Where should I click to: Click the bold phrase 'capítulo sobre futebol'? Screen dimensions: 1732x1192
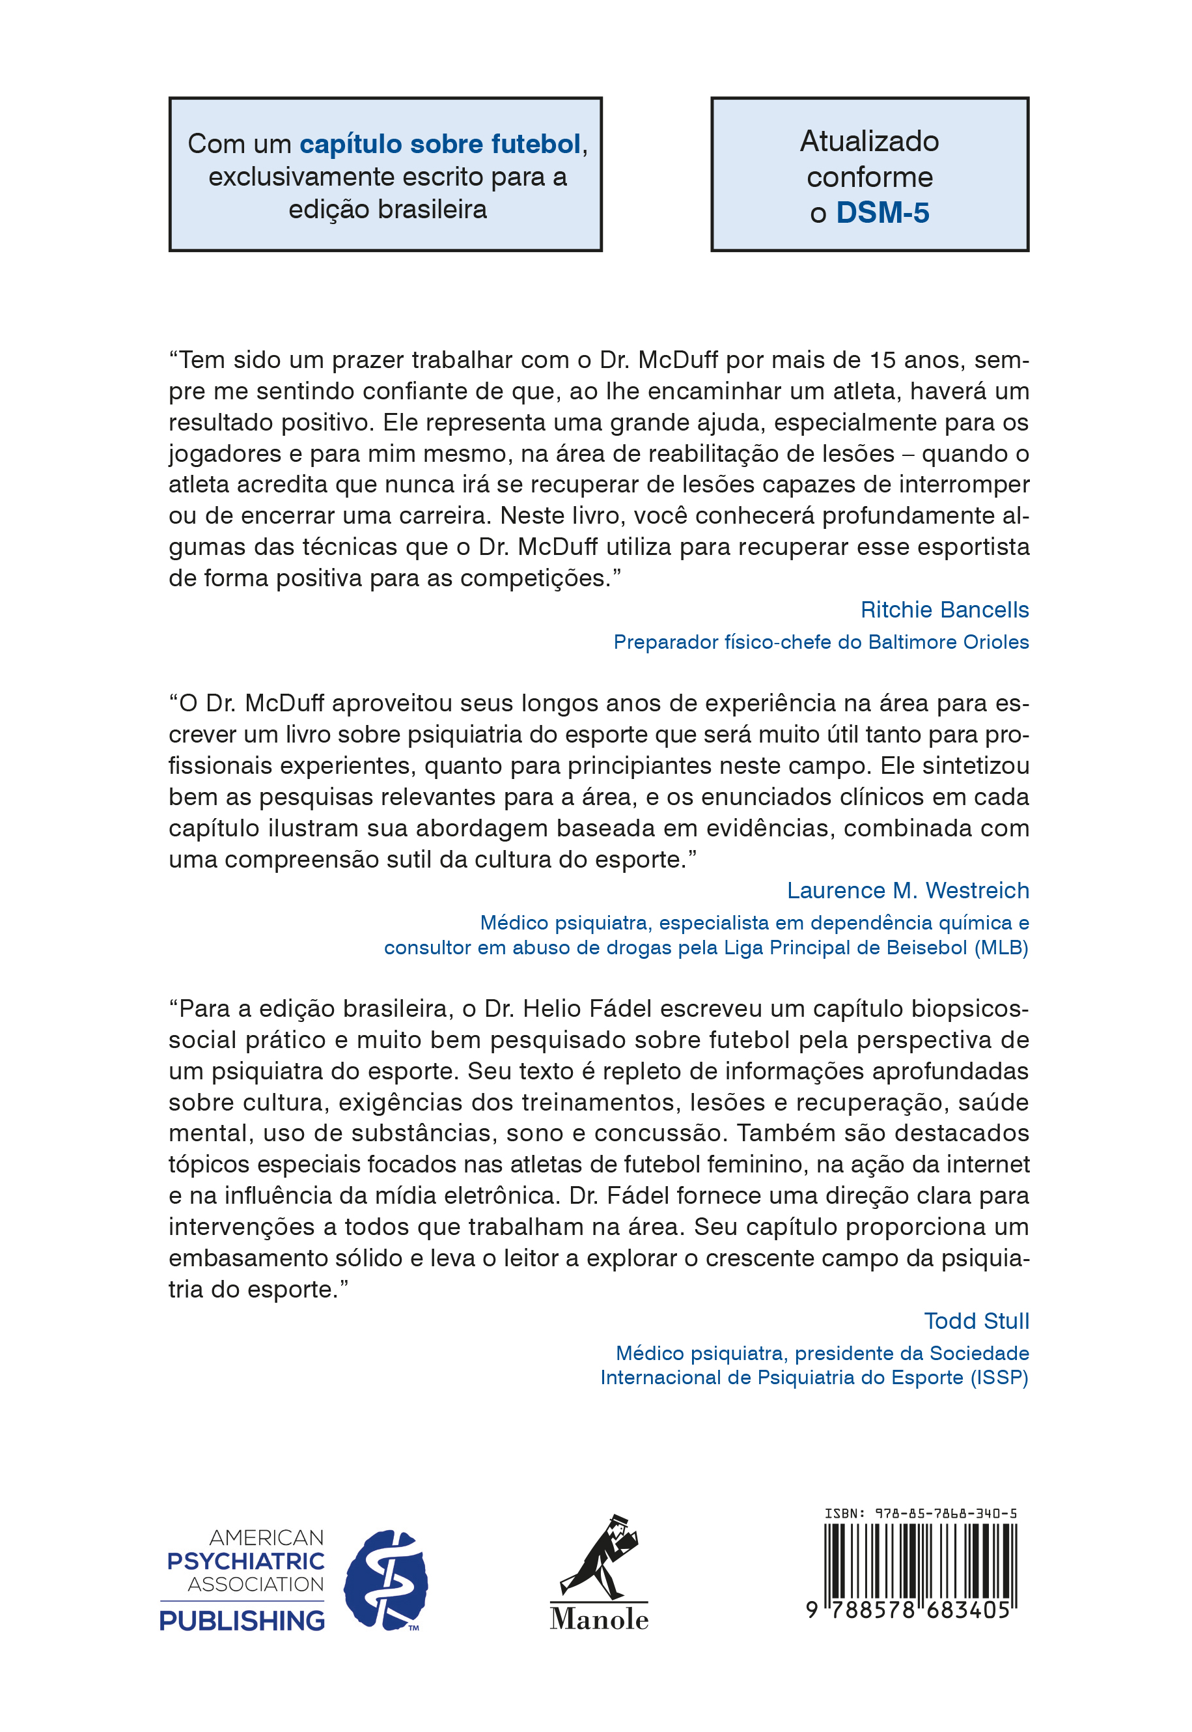click(x=440, y=143)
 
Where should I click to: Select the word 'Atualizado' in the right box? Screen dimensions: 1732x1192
click(x=869, y=141)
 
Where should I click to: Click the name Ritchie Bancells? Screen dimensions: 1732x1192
click(x=944, y=610)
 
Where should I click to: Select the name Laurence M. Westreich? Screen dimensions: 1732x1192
click(x=908, y=890)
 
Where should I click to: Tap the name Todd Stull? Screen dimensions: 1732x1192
click(x=976, y=1321)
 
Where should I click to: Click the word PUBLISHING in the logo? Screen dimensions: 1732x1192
click(x=242, y=1621)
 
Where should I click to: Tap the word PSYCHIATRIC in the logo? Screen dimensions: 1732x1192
click(x=245, y=1561)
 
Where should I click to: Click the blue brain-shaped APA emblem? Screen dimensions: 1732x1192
click(x=385, y=1580)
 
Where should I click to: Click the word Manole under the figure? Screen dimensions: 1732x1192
click(x=599, y=1619)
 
